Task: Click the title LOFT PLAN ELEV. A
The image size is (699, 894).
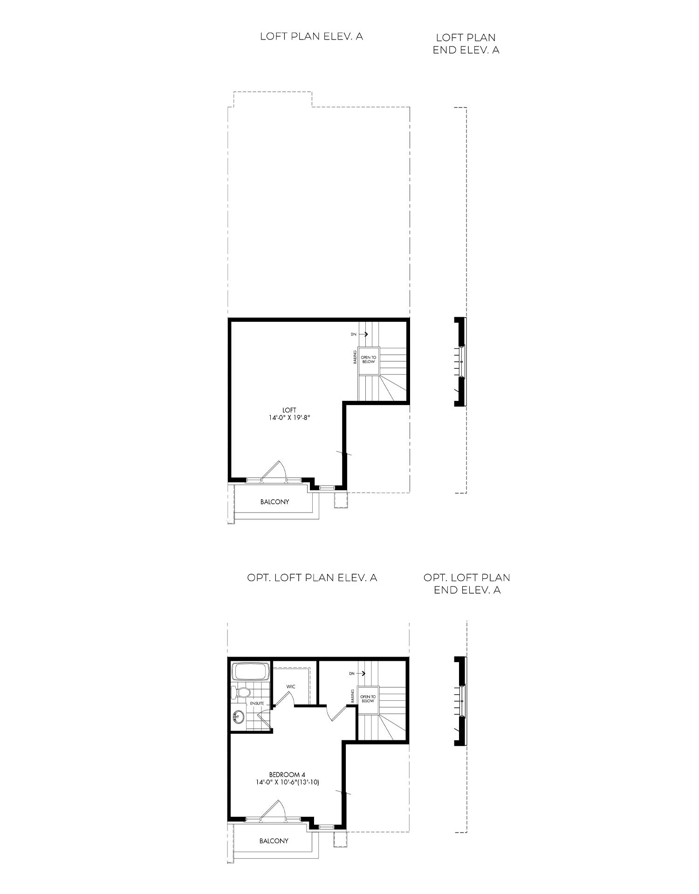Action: [x=311, y=37]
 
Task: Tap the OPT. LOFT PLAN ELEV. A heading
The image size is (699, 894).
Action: [x=312, y=577]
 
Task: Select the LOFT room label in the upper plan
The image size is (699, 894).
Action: [x=289, y=410]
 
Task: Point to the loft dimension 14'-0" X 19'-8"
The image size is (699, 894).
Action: [x=289, y=418]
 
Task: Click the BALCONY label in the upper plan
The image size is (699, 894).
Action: [x=274, y=501]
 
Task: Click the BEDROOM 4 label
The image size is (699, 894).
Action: [x=287, y=775]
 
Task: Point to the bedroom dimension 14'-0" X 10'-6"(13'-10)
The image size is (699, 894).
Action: [x=287, y=783]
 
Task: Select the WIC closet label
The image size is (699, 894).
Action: [x=291, y=687]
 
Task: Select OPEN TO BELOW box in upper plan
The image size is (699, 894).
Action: [x=368, y=359]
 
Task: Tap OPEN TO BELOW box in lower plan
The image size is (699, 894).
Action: [x=368, y=699]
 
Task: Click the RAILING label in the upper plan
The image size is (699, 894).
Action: [x=355, y=359]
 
